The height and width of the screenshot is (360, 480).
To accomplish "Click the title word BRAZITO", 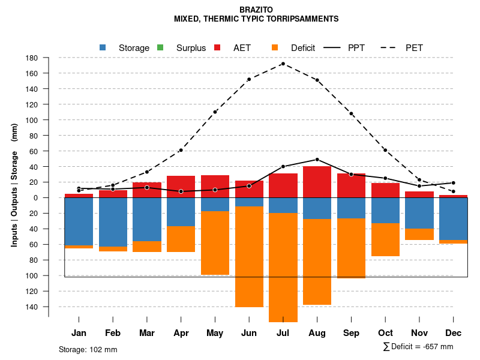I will click(x=256, y=10).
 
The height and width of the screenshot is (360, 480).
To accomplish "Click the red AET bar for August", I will click(x=317, y=182).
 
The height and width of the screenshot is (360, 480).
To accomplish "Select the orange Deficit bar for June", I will click(x=249, y=257).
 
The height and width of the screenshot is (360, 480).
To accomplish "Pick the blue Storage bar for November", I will click(x=419, y=213).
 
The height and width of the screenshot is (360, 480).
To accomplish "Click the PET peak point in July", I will click(x=283, y=64).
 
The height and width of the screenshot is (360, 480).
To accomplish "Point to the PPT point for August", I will click(x=317, y=160).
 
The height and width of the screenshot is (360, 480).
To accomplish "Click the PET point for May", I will click(x=215, y=112).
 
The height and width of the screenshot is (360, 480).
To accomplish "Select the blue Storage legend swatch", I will click(x=103, y=47).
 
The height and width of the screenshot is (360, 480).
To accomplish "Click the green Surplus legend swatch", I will click(x=160, y=47).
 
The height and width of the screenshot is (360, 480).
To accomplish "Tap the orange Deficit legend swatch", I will click(x=275, y=47).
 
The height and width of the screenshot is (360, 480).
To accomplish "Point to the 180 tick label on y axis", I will click(x=32, y=58).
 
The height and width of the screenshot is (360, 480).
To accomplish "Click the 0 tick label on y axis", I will click(x=36, y=198).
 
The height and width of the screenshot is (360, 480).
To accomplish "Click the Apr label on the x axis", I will click(x=181, y=333).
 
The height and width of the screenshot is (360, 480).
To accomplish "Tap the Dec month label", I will click(x=454, y=333).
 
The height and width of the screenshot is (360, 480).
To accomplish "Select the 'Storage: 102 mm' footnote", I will click(x=88, y=349).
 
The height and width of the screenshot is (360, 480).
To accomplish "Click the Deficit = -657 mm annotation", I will click(x=418, y=347).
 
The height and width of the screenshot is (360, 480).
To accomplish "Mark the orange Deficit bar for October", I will click(x=385, y=240).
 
